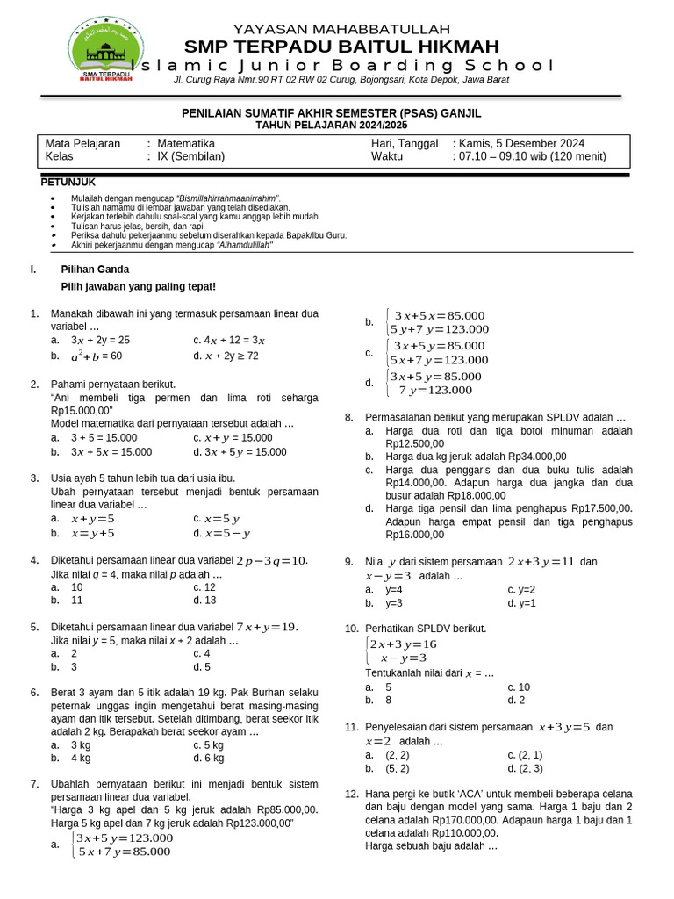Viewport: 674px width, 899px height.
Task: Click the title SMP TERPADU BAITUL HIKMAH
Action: click(341, 47)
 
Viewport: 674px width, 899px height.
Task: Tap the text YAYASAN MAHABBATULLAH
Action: click(341, 28)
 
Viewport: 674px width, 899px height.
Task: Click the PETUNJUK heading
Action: click(68, 182)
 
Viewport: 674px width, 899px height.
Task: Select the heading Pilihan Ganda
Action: click(95, 270)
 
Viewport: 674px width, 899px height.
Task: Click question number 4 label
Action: click(34, 560)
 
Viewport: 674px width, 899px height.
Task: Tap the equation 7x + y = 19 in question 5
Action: click(267, 627)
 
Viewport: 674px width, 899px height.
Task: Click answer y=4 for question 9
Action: click(393, 590)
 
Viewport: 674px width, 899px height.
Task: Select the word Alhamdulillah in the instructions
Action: click(244, 245)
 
